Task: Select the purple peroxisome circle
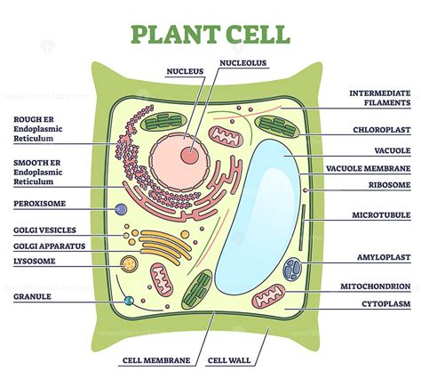pos(120,210)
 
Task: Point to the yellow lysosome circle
pos(131,263)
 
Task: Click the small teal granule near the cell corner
pos(131,301)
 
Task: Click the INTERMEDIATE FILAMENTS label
pos(379,97)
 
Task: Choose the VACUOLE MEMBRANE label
pos(380,168)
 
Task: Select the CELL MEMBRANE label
pos(156,361)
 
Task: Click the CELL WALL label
pos(227,361)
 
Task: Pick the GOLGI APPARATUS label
pos(49,245)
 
